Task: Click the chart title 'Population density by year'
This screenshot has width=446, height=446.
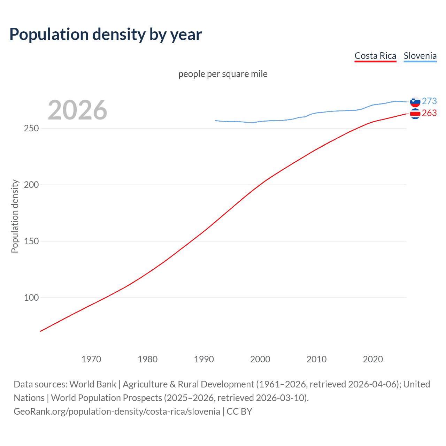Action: pos(106,34)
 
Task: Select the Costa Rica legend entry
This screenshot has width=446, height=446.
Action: pos(375,56)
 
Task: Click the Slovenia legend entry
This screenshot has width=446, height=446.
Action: pos(420,56)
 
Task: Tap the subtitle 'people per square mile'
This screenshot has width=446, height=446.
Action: pos(223,74)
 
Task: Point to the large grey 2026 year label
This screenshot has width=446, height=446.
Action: pos(77,110)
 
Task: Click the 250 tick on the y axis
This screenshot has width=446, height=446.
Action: pos(31,128)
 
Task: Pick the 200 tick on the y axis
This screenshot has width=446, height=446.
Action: pos(31,185)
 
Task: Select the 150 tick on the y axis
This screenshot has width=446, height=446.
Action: pos(31,241)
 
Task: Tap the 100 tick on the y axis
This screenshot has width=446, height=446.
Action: pos(31,298)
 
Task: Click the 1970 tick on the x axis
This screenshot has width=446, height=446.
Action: pos(91,359)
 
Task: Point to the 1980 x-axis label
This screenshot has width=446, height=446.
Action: pos(148,359)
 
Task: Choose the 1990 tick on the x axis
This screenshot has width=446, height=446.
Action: pos(204,359)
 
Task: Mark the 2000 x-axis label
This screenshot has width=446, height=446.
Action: pos(260,359)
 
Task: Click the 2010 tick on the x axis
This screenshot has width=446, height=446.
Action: pos(316,359)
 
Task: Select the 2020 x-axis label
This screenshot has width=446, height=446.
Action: pos(373,359)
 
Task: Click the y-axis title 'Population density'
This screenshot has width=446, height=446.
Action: pos(15,216)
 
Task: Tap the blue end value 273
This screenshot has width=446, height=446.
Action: pos(429,101)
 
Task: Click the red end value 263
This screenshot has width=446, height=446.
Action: pos(429,113)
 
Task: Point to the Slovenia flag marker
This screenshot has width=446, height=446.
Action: pos(415,102)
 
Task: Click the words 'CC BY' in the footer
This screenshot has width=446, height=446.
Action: pos(239,412)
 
